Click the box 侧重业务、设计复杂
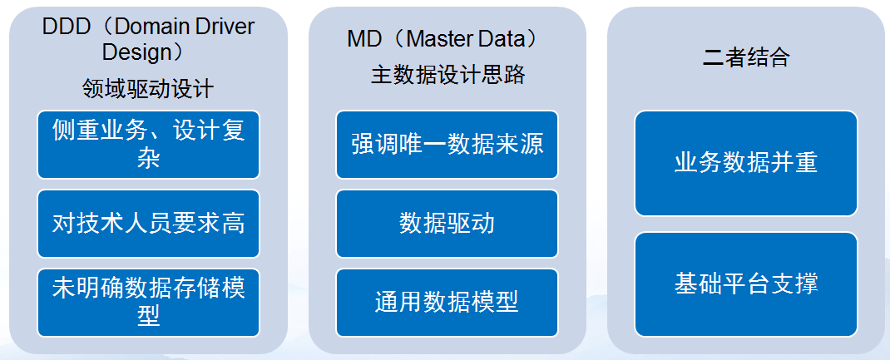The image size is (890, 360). [148, 145]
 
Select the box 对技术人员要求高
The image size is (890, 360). [148, 224]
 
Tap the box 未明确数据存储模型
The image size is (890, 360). [148, 302]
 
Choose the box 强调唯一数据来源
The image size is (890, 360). [447, 145]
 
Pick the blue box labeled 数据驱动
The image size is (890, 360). [447, 224]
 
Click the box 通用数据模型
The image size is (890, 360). [447, 302]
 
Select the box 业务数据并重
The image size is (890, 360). [746, 163]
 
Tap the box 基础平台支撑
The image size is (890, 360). [746, 284]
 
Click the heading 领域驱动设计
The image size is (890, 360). [148, 88]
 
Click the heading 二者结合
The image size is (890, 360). [746, 58]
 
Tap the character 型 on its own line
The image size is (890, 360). [148, 316]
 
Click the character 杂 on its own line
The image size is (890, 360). [148, 158]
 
